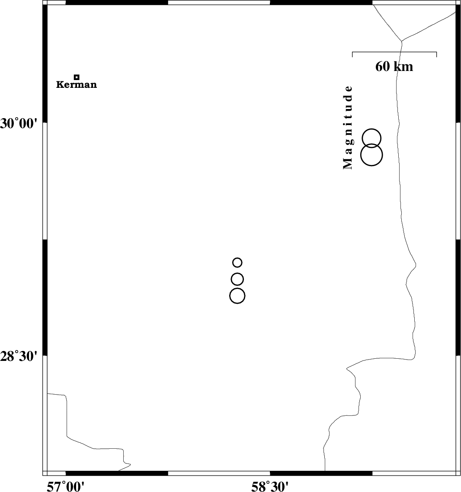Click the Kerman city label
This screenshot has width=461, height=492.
pos(77,84)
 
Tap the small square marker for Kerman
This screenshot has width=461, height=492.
pos(77,77)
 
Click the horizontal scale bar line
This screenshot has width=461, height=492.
pos(394,52)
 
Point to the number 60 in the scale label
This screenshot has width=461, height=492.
pos(383,66)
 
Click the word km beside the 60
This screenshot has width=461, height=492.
pos(403,66)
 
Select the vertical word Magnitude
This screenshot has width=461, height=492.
pos(348,127)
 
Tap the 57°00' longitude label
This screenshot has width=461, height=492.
pos(66,486)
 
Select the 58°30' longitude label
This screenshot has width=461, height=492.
pos(270,486)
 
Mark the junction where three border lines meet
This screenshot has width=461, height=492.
pos(402,41)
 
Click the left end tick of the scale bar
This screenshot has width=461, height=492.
pos(352,54)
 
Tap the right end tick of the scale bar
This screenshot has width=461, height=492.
pos(436,54)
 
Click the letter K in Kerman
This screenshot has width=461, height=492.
pos(60,84)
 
